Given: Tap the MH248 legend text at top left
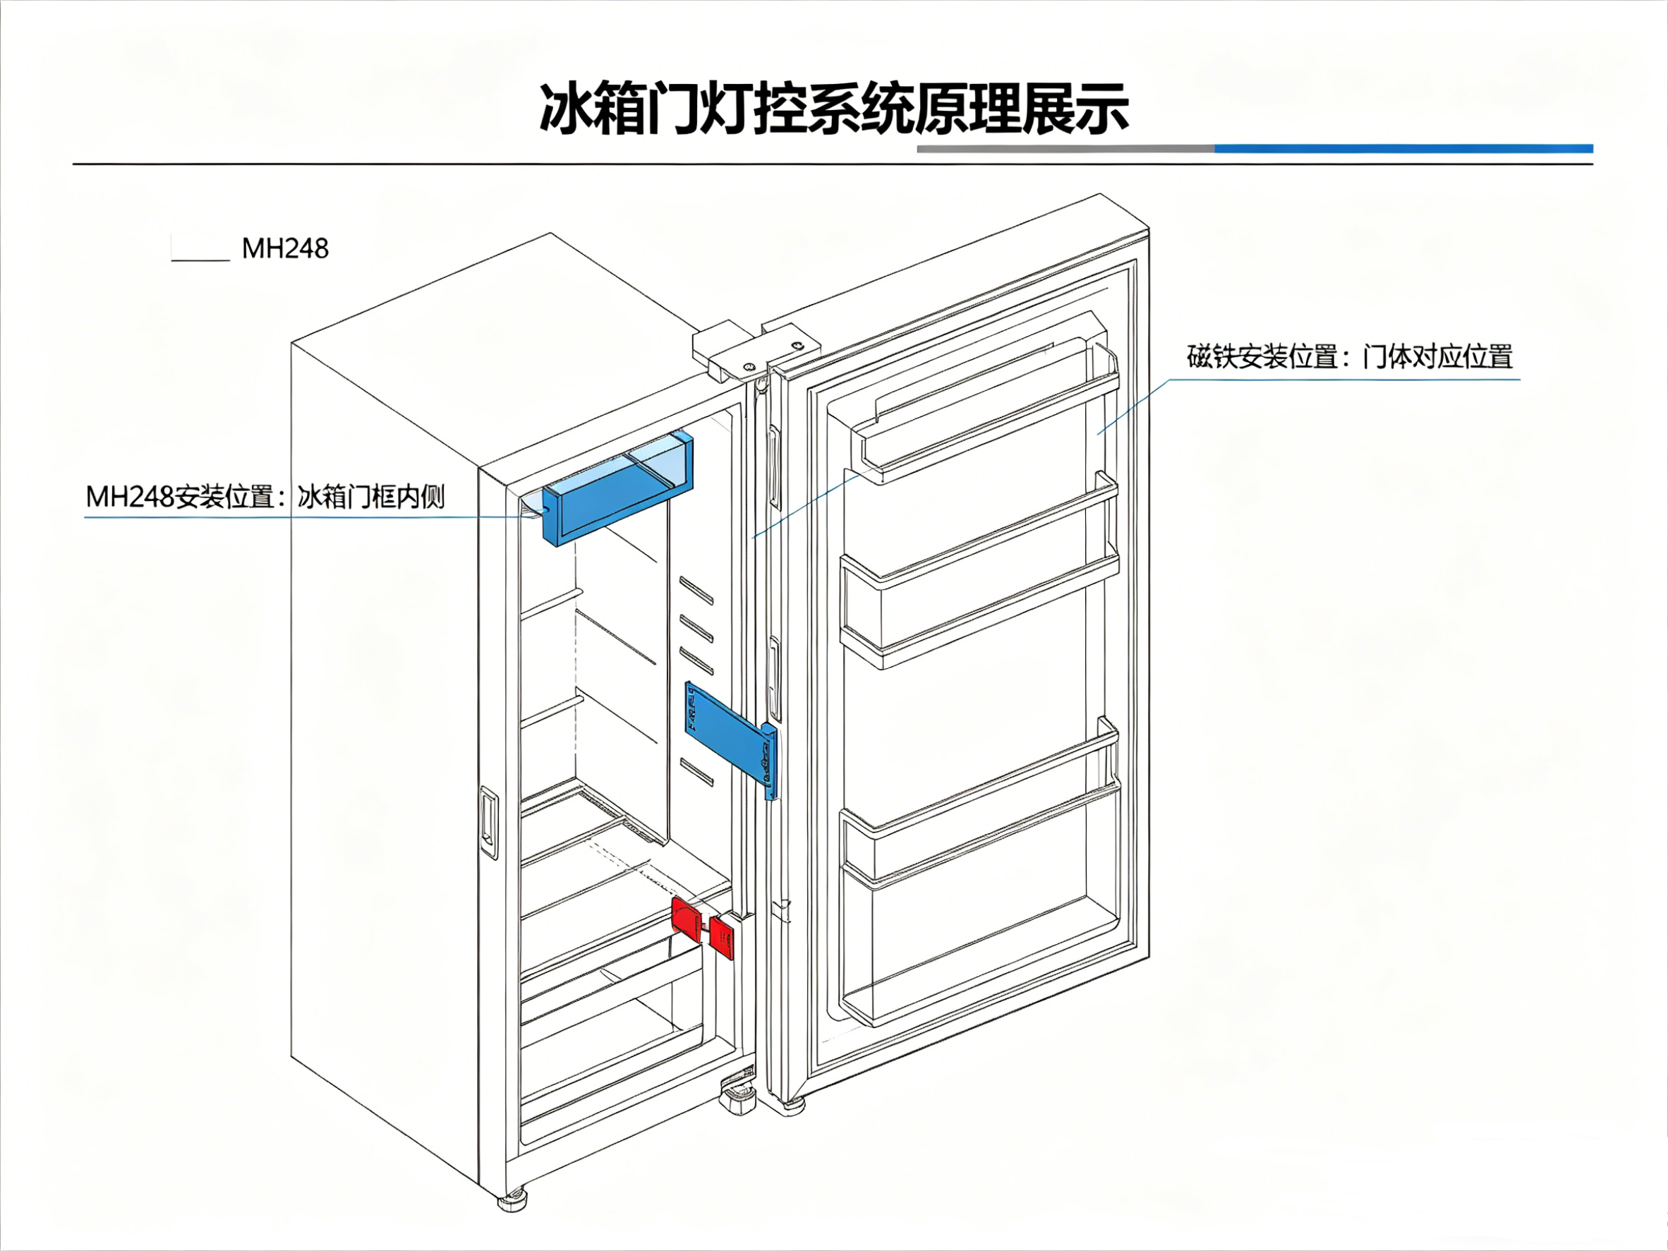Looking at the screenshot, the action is coord(285,248).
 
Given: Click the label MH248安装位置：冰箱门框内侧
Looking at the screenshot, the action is coord(265,497).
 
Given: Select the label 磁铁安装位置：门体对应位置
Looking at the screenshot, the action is coord(1350,357).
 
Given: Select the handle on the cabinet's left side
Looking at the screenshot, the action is coord(489,823).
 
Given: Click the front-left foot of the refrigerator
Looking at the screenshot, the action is coord(513,1199).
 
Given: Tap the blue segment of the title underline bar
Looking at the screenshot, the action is coord(1403,149).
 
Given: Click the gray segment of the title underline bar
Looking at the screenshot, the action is coord(1065,149).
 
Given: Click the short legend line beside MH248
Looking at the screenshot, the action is coord(200,260).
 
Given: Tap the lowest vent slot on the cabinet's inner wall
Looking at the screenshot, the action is coord(696,772).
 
